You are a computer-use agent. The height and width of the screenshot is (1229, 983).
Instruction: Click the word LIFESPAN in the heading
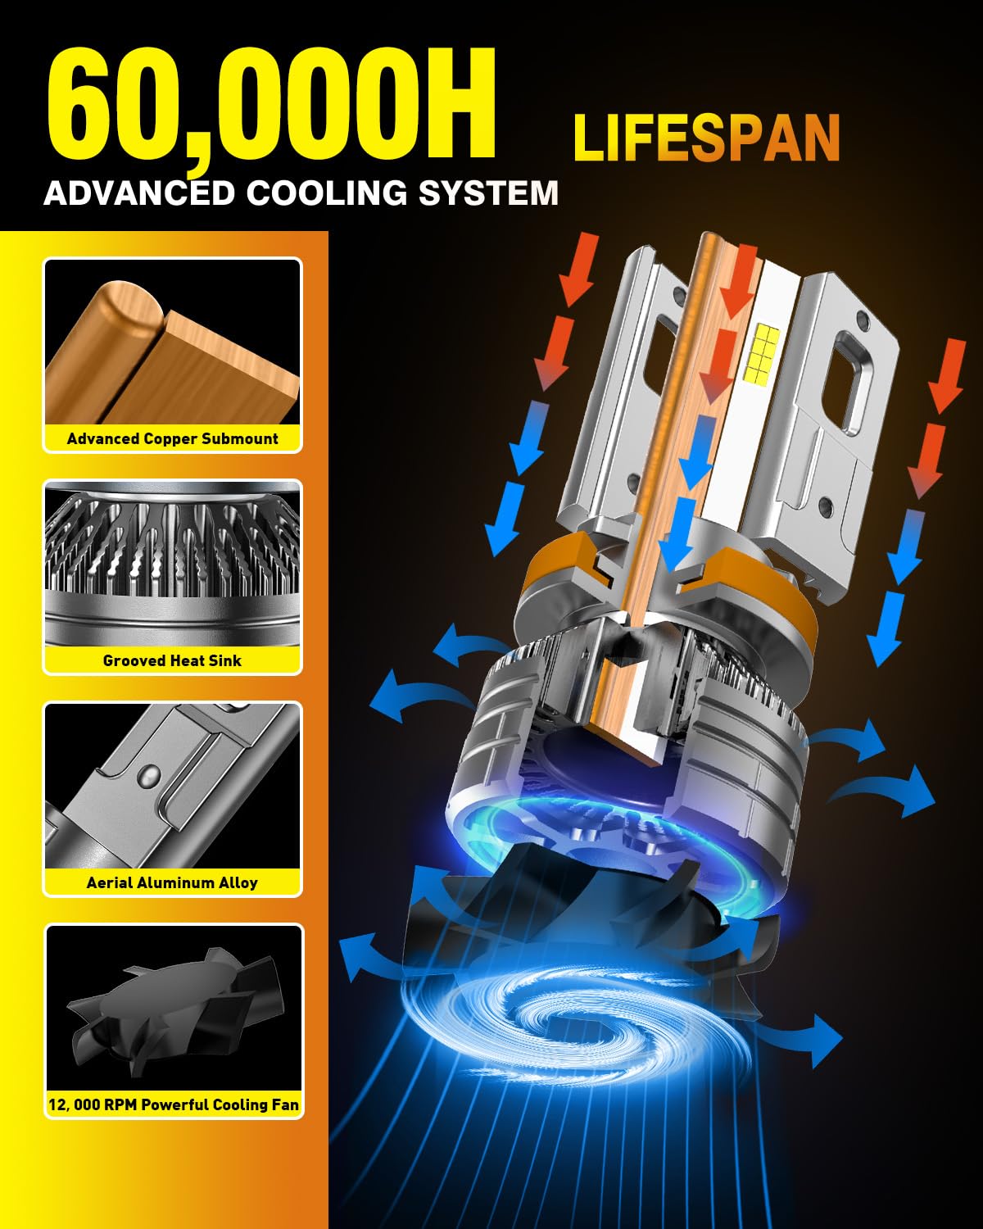(x=707, y=138)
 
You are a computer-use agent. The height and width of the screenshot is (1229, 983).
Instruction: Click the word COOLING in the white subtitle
(x=327, y=193)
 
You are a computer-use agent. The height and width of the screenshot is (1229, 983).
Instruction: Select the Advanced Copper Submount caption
(x=173, y=438)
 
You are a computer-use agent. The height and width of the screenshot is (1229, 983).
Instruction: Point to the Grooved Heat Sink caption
(x=173, y=660)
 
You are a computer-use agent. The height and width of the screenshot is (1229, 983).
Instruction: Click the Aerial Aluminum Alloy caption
(x=173, y=882)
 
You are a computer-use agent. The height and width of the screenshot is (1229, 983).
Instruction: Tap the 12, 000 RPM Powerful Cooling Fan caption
(x=174, y=1104)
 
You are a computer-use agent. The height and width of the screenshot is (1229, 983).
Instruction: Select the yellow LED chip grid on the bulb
(x=763, y=354)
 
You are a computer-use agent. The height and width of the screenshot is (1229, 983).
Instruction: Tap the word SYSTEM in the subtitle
(x=488, y=193)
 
